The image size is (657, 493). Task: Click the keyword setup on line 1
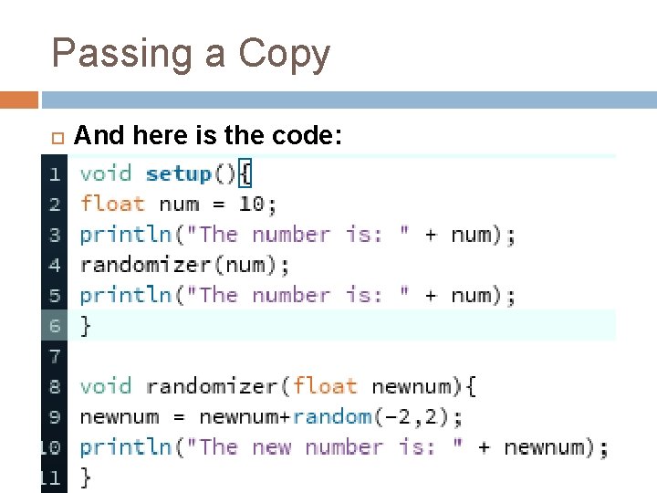coord(178,173)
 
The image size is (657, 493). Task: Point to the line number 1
coord(55,173)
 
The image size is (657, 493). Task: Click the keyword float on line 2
coord(111,204)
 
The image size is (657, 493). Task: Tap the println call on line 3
coord(125,235)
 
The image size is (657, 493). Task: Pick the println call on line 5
coord(125,296)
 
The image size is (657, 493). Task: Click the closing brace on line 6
coord(86,326)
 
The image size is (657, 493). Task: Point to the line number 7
coord(55,356)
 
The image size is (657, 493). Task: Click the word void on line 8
coord(105,386)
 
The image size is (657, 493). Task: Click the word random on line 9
coord(331,417)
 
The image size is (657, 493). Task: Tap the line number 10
coord(51,447)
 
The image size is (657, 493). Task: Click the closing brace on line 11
coord(86,477)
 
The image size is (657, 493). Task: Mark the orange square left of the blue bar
coord(19,100)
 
